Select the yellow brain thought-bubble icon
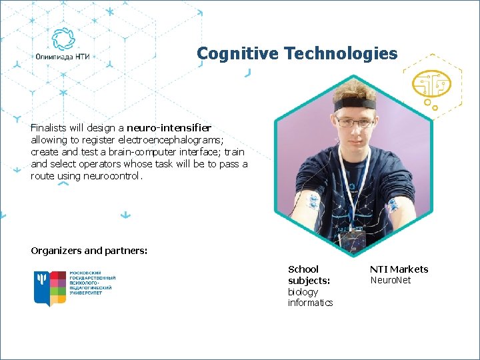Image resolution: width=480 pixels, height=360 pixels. click(x=431, y=86)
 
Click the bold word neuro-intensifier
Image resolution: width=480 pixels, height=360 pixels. click(x=169, y=127)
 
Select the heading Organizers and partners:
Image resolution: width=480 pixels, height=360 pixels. click(x=89, y=251)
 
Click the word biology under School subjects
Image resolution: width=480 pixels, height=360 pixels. click(x=303, y=292)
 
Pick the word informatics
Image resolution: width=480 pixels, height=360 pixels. click(x=310, y=303)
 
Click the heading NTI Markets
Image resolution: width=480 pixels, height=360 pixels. click(x=399, y=269)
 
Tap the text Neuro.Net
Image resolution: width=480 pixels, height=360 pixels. click(x=390, y=280)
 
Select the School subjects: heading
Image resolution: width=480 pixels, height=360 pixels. click(x=309, y=275)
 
